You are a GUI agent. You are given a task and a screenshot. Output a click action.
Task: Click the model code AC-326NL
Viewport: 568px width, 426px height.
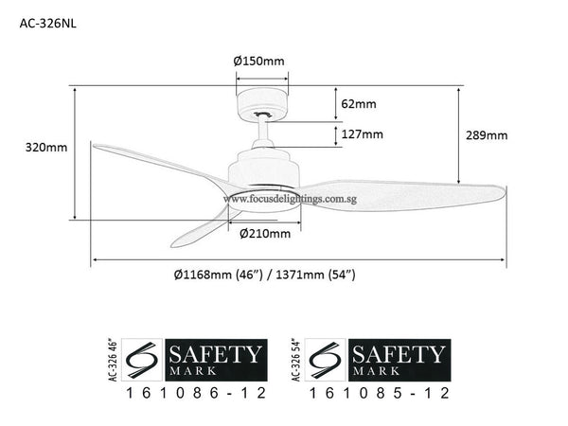(x=48, y=26)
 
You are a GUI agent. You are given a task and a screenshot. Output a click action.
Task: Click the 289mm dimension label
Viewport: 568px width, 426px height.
(x=486, y=135)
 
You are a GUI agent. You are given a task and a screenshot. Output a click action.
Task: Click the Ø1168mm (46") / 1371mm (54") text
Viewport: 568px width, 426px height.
(x=264, y=275)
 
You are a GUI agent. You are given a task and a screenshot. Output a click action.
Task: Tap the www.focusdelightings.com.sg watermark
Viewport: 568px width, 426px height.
(x=280, y=200)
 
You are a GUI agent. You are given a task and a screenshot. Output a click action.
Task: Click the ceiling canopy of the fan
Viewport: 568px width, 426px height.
(x=260, y=100)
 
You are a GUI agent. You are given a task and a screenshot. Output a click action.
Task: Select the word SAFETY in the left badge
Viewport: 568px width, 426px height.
(x=214, y=355)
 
